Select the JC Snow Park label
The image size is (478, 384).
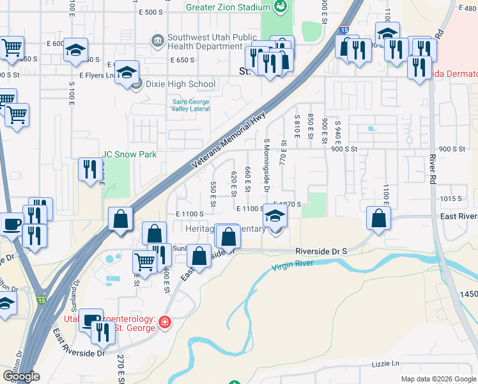click(129, 154)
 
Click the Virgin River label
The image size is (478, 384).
click(293, 264)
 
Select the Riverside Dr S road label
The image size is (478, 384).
click(321, 252)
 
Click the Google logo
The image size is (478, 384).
click(20, 376)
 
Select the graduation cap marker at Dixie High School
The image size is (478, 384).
click(127, 72)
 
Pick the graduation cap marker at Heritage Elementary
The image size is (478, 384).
click(276, 216)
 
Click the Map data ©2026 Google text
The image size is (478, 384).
click(438, 378)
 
